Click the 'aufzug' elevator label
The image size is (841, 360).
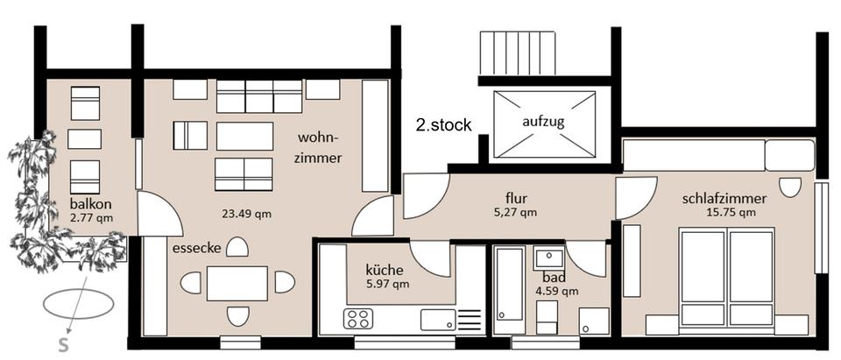543,122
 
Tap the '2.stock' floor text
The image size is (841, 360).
443,125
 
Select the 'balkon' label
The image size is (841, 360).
91,204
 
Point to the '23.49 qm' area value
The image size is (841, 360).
247,214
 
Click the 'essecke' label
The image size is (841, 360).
197,249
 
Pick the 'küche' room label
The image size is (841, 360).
384,269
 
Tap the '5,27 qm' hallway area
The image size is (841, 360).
514,213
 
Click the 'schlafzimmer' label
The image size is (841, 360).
724,199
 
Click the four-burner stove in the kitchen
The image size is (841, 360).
358,319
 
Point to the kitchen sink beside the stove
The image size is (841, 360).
438,320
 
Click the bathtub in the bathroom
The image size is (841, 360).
509,290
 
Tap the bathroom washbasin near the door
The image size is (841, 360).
548,258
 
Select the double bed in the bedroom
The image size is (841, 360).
727,278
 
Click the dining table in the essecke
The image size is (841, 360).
237,283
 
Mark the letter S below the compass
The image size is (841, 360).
63,345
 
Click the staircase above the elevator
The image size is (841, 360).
517,53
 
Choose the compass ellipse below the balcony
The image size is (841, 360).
78,304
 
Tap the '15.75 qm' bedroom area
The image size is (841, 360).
731,213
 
